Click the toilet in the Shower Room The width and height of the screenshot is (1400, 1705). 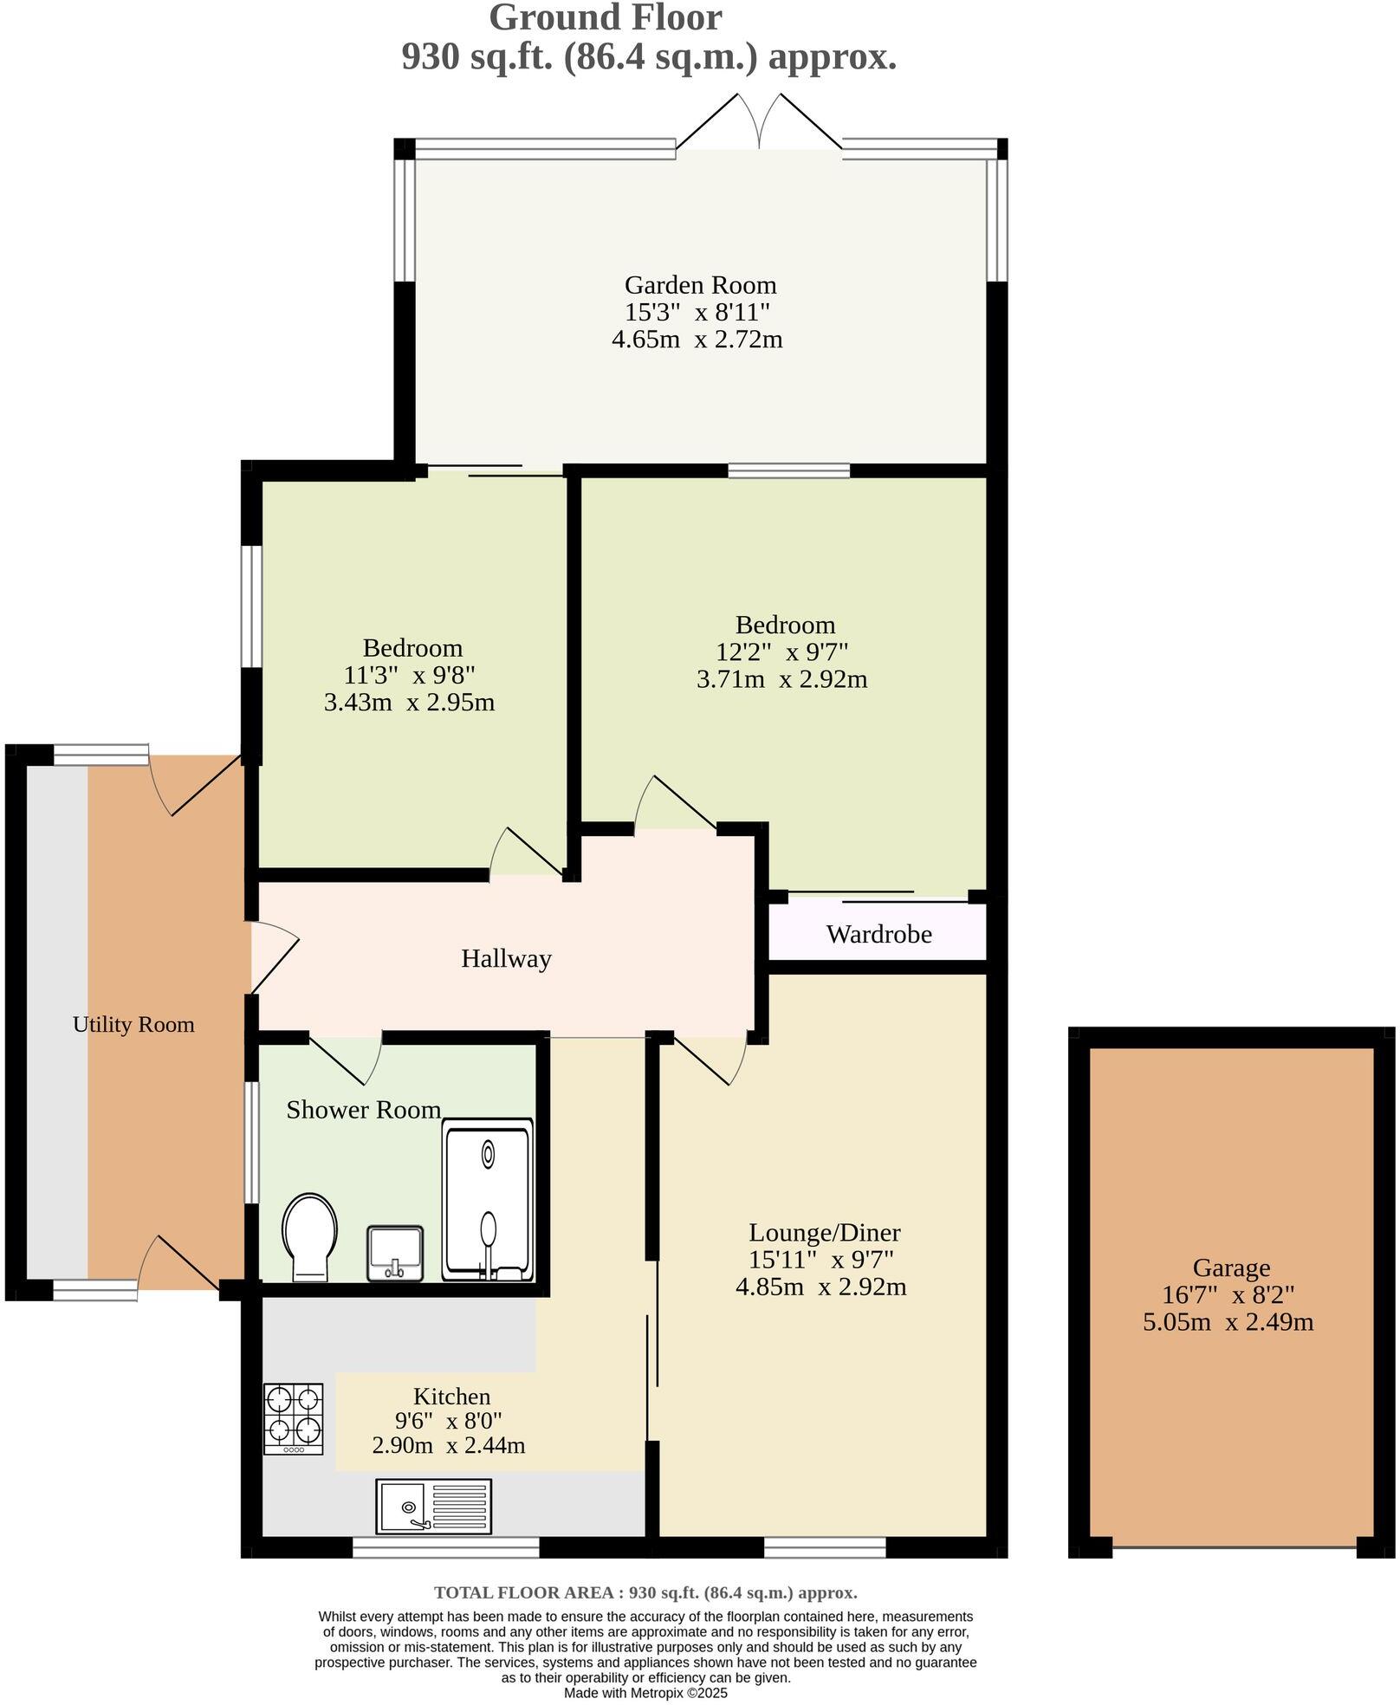click(x=309, y=1236)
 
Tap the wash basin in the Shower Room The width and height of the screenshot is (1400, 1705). click(x=395, y=1252)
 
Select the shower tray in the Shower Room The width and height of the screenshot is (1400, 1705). click(x=487, y=1199)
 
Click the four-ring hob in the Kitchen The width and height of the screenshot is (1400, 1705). click(x=294, y=1418)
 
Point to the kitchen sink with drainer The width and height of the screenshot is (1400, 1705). click(x=433, y=1506)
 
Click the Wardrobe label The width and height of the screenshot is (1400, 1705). click(x=878, y=934)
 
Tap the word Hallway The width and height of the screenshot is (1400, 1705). click(x=506, y=958)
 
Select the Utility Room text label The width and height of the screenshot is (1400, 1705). click(x=133, y=1024)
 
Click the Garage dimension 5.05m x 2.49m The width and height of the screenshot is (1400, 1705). click(x=1228, y=1322)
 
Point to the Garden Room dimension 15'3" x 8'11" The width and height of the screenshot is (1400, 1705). click(x=697, y=312)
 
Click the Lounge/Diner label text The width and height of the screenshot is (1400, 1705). click(x=824, y=1232)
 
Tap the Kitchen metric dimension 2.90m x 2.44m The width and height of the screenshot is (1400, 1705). click(x=448, y=1445)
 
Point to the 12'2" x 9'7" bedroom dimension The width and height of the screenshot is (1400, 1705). click(x=781, y=652)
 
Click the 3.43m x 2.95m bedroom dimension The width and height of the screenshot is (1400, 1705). click(x=409, y=702)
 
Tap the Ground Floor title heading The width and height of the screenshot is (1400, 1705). click(x=606, y=17)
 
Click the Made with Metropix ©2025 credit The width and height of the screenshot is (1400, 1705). click(x=645, y=1692)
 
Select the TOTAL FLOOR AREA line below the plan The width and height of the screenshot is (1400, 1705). click(x=645, y=1592)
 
